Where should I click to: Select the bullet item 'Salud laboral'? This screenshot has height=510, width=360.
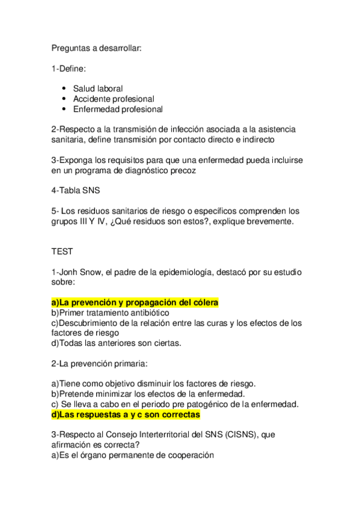[x=98, y=88]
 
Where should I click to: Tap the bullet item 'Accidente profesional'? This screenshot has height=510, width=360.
[x=114, y=99]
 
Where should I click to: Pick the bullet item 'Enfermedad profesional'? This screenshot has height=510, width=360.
[x=118, y=109]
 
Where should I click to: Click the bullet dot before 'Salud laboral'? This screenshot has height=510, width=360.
[x=64, y=88]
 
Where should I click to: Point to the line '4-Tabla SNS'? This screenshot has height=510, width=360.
[x=76, y=191]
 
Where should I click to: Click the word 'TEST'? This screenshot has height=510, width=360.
[x=62, y=253]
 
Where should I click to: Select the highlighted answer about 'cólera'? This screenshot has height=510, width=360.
[x=135, y=302]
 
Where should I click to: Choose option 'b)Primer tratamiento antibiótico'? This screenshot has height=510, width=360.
[x=109, y=313]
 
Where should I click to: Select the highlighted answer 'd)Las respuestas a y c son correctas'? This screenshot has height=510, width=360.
[x=126, y=414]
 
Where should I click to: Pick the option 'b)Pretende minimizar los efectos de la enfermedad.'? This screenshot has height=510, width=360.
[x=151, y=393]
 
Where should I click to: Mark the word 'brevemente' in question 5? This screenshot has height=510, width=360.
[x=263, y=221]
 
